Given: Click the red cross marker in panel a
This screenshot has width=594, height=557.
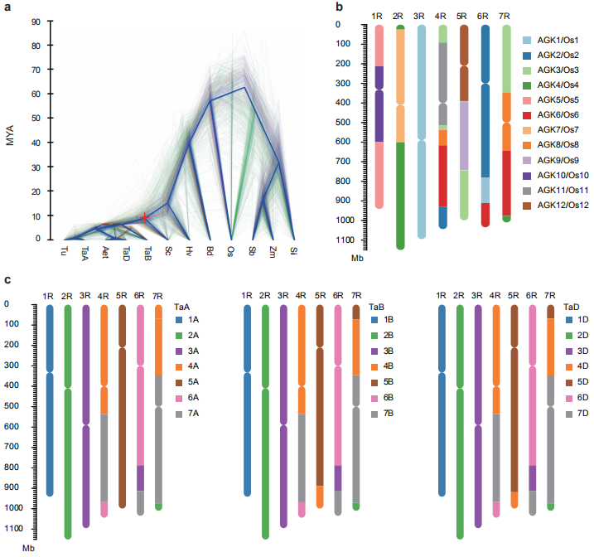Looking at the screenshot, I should coord(145,217).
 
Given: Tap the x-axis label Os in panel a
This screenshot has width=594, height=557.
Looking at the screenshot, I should coord(230,249).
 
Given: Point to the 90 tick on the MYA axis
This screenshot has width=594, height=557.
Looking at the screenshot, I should coord(36,22).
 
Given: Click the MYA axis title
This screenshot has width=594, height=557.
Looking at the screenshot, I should coord(10,131).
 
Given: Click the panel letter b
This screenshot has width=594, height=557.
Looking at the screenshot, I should coord(340,7).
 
